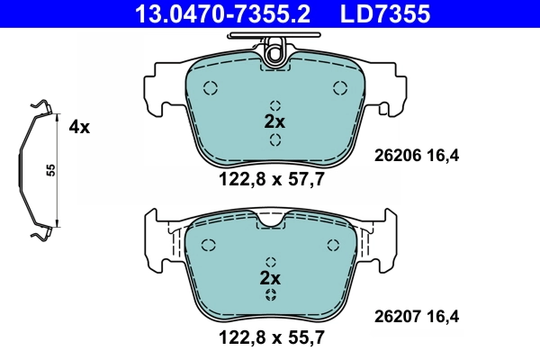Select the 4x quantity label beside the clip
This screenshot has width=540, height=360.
coord(79,128)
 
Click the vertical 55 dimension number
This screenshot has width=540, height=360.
coord(51,171)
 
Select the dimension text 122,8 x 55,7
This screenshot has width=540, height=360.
coord(274,339)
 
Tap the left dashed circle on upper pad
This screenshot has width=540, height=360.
coord(211,88)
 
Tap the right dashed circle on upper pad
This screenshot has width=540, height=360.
coord(340,87)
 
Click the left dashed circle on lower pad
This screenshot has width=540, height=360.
coord(210,245)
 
